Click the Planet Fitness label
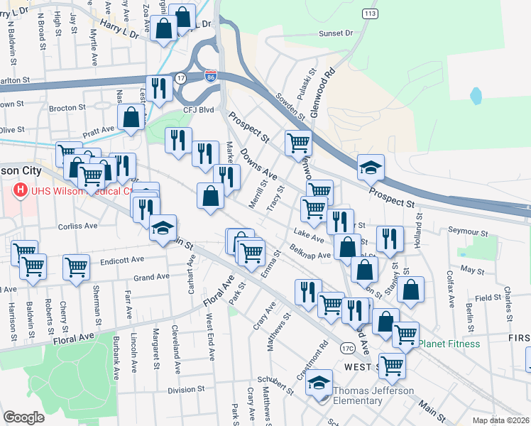pos(448,344)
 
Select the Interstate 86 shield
pos(211,76)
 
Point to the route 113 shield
pos(369,13)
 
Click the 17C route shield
pos(347,348)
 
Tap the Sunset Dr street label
pos(336,33)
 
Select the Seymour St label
pos(469,232)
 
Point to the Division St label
pos(185,389)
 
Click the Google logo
pos(23,417)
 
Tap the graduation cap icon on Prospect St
pos(371,168)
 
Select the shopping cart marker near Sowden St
pos(298,142)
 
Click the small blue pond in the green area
pos(476,94)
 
